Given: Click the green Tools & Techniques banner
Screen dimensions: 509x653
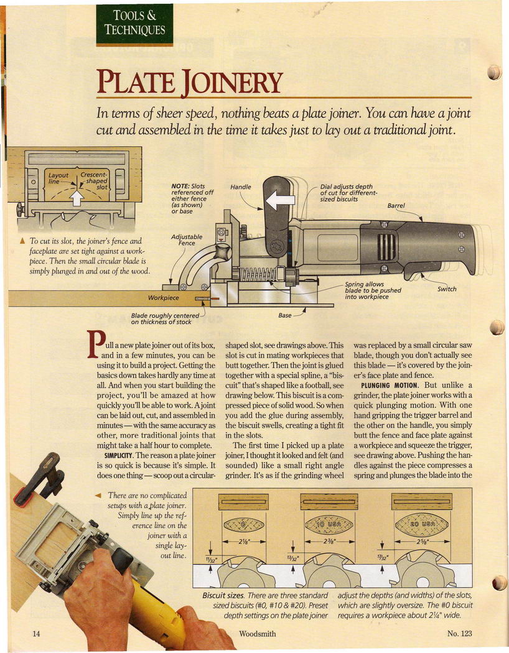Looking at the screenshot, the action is tap(134, 25).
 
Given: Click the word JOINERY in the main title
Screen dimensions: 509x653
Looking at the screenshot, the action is tap(232, 82).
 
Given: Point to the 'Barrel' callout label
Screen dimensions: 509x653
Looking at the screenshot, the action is tap(396, 206).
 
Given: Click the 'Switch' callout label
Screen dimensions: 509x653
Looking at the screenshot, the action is tap(447, 289).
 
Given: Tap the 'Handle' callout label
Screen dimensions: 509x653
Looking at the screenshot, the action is tap(241, 187).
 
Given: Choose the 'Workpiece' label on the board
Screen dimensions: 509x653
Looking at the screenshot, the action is tap(163, 298).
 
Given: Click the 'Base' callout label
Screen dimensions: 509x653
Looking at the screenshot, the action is tap(284, 315).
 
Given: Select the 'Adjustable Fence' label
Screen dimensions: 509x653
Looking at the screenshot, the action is tap(187, 240).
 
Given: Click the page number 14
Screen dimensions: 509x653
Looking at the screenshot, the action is tap(36, 634).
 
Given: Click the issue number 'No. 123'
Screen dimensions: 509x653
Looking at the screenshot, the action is tap(459, 634).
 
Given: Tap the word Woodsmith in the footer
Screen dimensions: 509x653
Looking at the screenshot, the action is tap(257, 634).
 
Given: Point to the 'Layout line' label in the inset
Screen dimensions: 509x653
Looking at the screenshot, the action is tap(58, 178).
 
